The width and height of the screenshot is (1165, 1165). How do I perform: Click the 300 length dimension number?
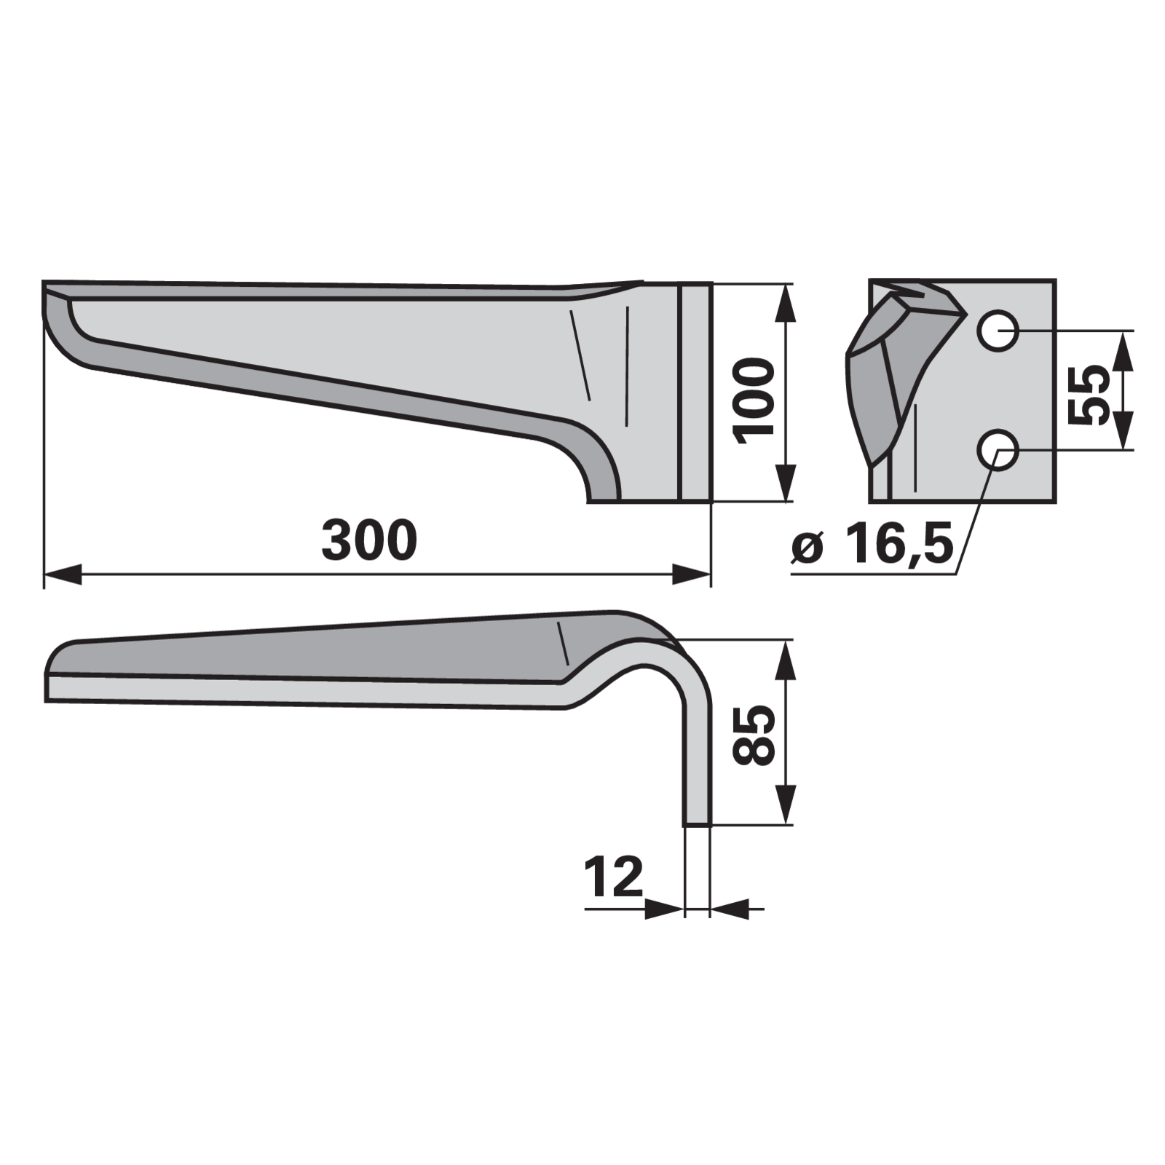pos(369,540)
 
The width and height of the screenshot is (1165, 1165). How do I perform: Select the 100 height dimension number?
pos(754,400)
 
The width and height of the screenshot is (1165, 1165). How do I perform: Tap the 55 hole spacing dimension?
pos(1089,394)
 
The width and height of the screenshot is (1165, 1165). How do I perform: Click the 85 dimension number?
pos(753,734)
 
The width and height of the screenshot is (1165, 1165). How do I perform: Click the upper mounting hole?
pos(997,331)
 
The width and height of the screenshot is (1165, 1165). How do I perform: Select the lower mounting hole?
pos(997,449)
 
